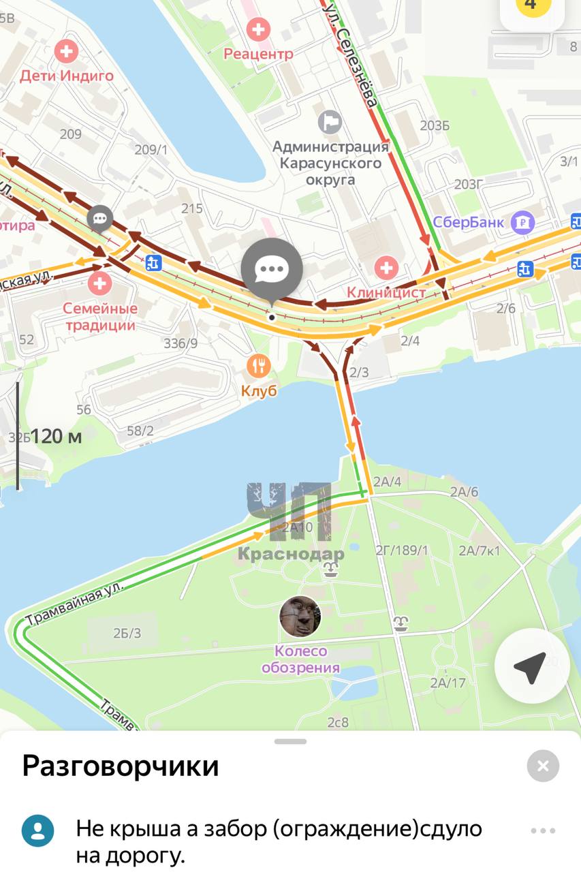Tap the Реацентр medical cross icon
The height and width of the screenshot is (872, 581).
click(258, 30)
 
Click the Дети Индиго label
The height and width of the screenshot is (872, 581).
click(67, 76)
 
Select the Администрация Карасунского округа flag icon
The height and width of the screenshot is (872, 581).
click(330, 123)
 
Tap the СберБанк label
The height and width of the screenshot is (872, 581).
click(469, 222)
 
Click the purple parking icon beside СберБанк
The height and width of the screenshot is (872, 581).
click(523, 222)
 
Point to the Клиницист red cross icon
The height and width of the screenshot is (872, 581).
click(387, 267)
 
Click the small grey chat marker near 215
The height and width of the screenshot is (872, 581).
click(100, 219)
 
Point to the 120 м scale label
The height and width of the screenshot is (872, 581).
click(56, 436)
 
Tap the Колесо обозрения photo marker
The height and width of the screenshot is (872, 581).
click(300, 616)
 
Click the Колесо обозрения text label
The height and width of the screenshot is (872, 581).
click(300, 659)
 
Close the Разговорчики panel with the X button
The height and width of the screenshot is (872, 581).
click(543, 766)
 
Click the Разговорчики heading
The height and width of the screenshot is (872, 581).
click(121, 766)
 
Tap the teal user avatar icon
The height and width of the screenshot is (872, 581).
click(38, 830)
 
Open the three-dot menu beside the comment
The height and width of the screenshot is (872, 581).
click(543, 830)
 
